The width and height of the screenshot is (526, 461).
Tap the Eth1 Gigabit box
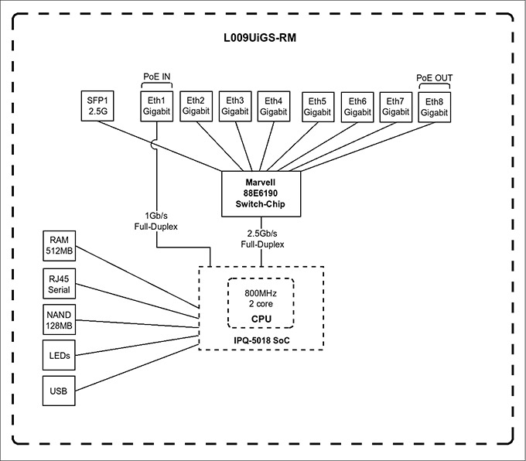[x=157, y=106]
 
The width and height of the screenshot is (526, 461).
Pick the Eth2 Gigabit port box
[x=196, y=106]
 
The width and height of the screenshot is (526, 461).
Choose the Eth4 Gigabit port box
[x=274, y=106]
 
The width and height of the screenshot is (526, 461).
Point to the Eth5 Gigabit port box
[x=317, y=107]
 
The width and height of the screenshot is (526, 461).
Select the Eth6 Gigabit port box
[x=357, y=107]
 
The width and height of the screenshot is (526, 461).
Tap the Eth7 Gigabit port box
[x=395, y=107]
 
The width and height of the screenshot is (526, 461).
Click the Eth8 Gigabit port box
[x=434, y=107]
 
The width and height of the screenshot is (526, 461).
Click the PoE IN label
[x=157, y=77]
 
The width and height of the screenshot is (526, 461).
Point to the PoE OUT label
[x=434, y=77]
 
